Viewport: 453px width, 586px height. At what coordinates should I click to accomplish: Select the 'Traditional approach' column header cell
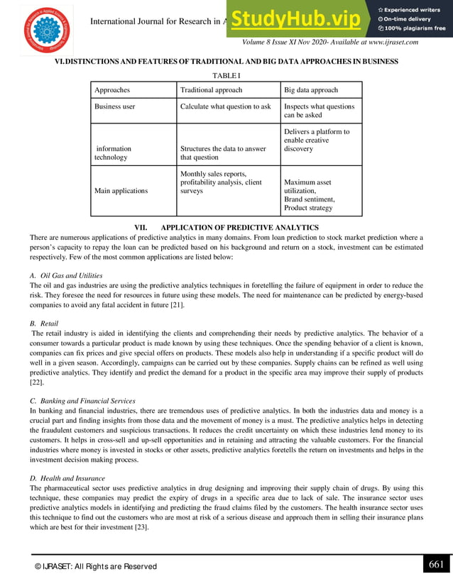pos(211,90)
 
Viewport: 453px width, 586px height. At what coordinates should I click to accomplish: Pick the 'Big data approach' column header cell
pos(310,90)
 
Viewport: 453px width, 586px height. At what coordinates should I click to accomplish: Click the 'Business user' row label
pos(114,106)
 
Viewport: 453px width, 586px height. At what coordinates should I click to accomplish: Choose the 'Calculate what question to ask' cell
pos(225,106)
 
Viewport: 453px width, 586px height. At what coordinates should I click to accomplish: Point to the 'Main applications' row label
pos(121,191)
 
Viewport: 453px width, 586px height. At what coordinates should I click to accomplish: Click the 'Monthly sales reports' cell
pos(221,182)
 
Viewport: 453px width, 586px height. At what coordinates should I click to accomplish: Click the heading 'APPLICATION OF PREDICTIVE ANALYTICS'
pos(239,227)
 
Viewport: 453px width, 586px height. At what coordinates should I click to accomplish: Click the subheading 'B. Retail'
pos(44,324)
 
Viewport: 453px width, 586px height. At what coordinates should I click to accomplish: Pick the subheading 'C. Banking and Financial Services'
pos(82,401)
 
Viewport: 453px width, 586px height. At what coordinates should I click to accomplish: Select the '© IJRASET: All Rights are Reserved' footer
pos(96,566)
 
